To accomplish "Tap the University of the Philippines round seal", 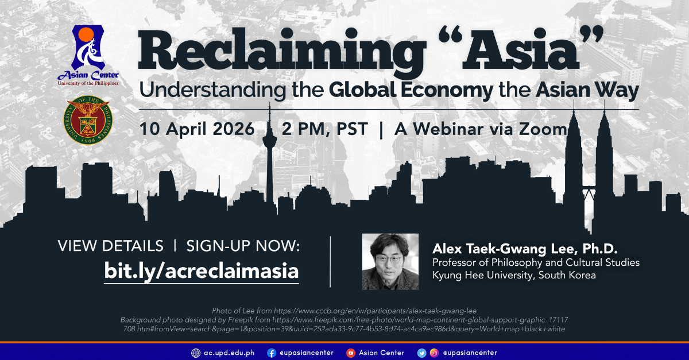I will coord(88,119).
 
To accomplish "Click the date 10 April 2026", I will coord(197,129).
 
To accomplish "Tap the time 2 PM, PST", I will coord(324,129).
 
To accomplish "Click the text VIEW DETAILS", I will coord(111,246).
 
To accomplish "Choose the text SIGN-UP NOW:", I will coord(243,246).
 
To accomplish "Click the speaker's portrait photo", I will coord(390,261).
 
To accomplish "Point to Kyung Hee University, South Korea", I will coord(514,275).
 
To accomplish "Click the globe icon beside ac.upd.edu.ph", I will coord(196,353).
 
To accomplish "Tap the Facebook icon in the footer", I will coord(272,353).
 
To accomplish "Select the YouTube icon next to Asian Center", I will coord(350,353).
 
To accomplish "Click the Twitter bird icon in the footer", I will coord(421,353).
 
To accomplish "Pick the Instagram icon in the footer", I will coord(434,353).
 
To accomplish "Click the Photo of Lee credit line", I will coord(344,310).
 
